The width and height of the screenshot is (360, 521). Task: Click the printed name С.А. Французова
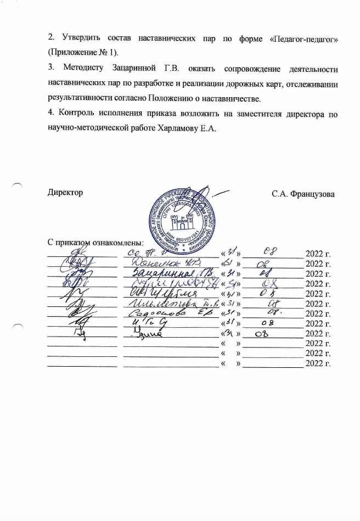point(303,194)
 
